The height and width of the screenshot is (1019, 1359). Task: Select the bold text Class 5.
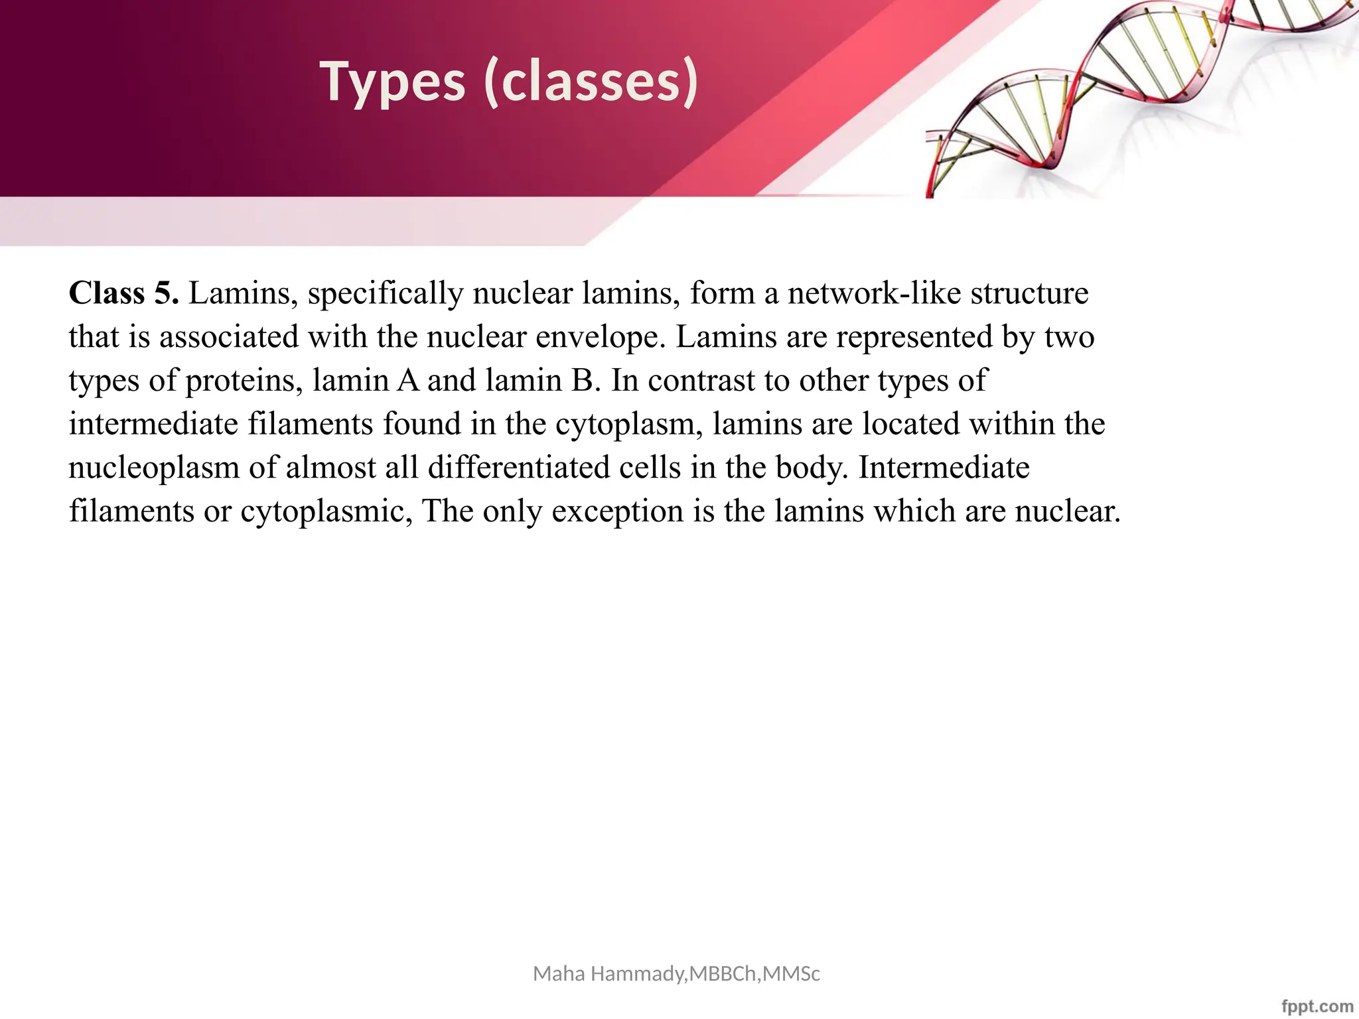[123, 293]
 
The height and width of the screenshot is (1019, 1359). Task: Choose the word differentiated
[521, 467]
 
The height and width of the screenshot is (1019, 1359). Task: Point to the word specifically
[386, 293]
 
